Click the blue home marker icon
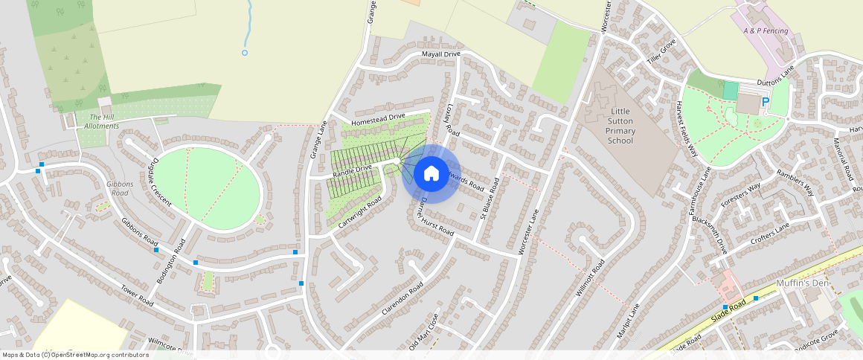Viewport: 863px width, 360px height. tap(431, 174)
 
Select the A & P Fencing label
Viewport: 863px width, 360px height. tap(766, 31)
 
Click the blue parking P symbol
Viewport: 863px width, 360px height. tap(765, 102)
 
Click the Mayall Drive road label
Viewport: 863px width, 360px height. tap(441, 54)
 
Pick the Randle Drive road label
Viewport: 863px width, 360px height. tap(351, 170)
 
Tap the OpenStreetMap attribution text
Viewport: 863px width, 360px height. tap(75, 355)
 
